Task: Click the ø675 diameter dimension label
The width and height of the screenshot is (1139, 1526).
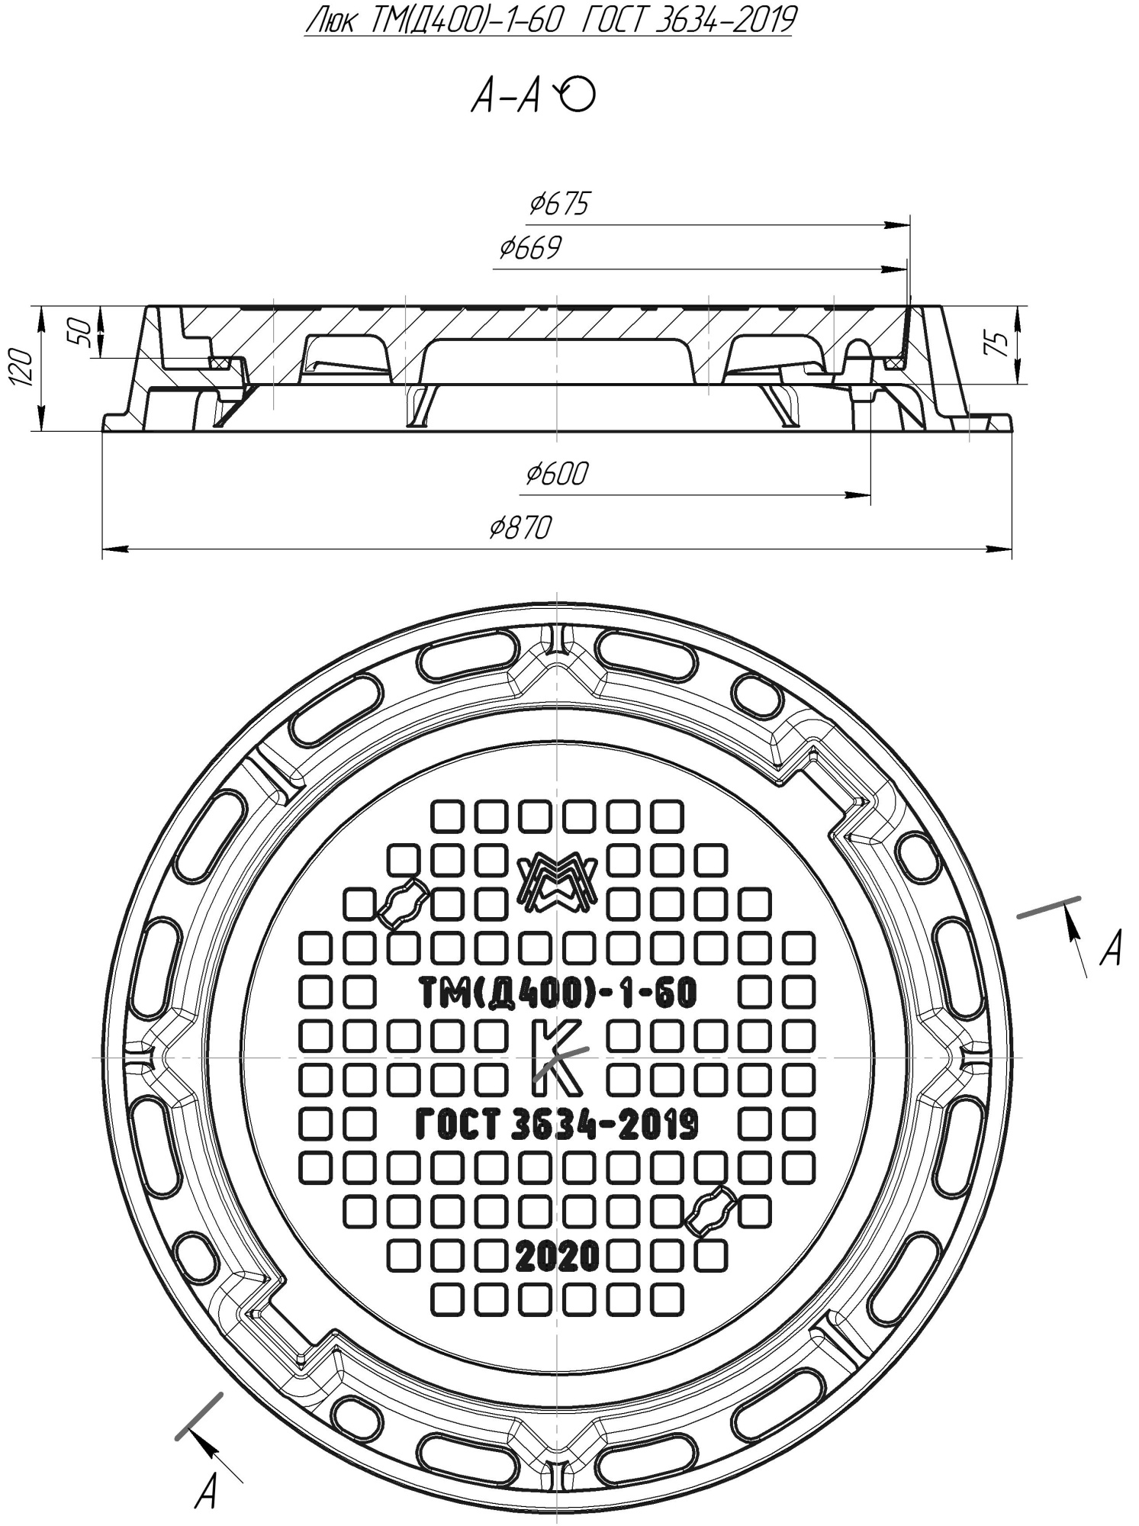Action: coord(560,204)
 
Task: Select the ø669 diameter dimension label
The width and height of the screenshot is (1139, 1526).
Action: coord(530,248)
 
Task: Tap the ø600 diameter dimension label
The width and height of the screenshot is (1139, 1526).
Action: coord(557,474)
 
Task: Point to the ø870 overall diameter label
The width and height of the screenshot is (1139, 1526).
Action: coord(520,527)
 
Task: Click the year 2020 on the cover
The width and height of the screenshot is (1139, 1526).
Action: coord(557,1255)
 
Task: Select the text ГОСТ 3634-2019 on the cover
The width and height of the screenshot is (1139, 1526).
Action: coord(557,1124)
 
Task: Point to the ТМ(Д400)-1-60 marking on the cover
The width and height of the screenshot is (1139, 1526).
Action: coord(558,993)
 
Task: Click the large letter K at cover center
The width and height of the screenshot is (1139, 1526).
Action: coord(557,1057)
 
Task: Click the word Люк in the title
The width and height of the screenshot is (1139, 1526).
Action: coord(330,21)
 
